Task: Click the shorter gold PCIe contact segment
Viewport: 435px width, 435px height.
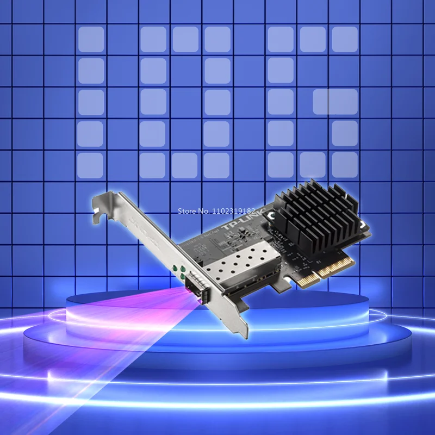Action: [x=306, y=278]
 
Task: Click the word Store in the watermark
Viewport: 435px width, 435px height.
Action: [x=189, y=210]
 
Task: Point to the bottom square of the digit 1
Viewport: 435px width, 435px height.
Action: [x=90, y=165]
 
